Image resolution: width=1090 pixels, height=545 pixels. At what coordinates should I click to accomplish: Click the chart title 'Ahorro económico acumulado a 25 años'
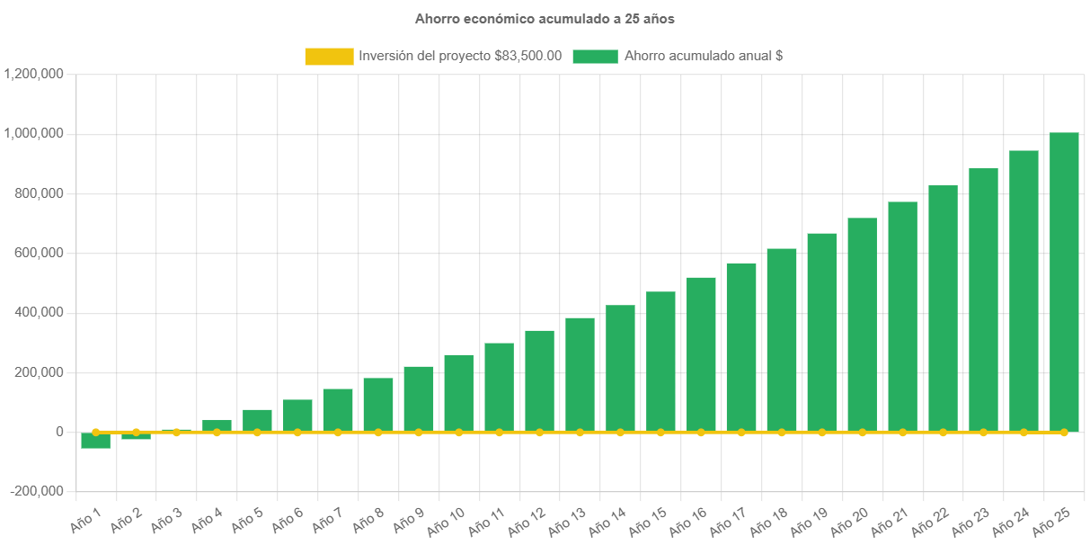point(545,18)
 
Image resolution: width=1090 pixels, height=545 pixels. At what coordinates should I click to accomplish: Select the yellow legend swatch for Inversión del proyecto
point(329,57)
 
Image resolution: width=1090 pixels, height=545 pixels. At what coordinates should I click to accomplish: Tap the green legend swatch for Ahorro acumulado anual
point(594,57)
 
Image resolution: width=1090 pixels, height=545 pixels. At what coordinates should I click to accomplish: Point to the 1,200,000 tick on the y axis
point(33,74)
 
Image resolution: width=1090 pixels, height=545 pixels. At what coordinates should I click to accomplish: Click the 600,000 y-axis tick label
point(40,253)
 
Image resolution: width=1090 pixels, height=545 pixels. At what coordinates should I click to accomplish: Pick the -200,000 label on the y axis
point(38,491)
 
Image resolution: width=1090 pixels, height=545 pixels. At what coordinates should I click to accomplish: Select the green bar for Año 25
point(1064,281)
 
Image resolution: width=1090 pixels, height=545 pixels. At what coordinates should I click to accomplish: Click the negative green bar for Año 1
point(95,441)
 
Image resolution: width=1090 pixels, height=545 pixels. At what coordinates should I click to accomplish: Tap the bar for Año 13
point(580,374)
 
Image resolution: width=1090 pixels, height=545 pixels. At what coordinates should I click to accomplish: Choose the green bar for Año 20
point(862,325)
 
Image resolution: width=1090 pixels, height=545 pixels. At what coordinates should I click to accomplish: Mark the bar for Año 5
point(257,420)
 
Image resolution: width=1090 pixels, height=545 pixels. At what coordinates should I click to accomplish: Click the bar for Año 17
point(741,347)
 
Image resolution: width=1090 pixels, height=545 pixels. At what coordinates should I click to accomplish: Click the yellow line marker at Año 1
point(95,432)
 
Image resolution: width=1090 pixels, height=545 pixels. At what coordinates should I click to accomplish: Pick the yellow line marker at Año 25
point(1064,433)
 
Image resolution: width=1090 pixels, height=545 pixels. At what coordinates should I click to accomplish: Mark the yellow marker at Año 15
point(660,433)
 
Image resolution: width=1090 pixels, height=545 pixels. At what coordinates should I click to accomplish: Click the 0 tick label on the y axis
point(58,432)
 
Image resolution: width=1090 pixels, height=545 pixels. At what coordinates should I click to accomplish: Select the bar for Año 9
point(419,398)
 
